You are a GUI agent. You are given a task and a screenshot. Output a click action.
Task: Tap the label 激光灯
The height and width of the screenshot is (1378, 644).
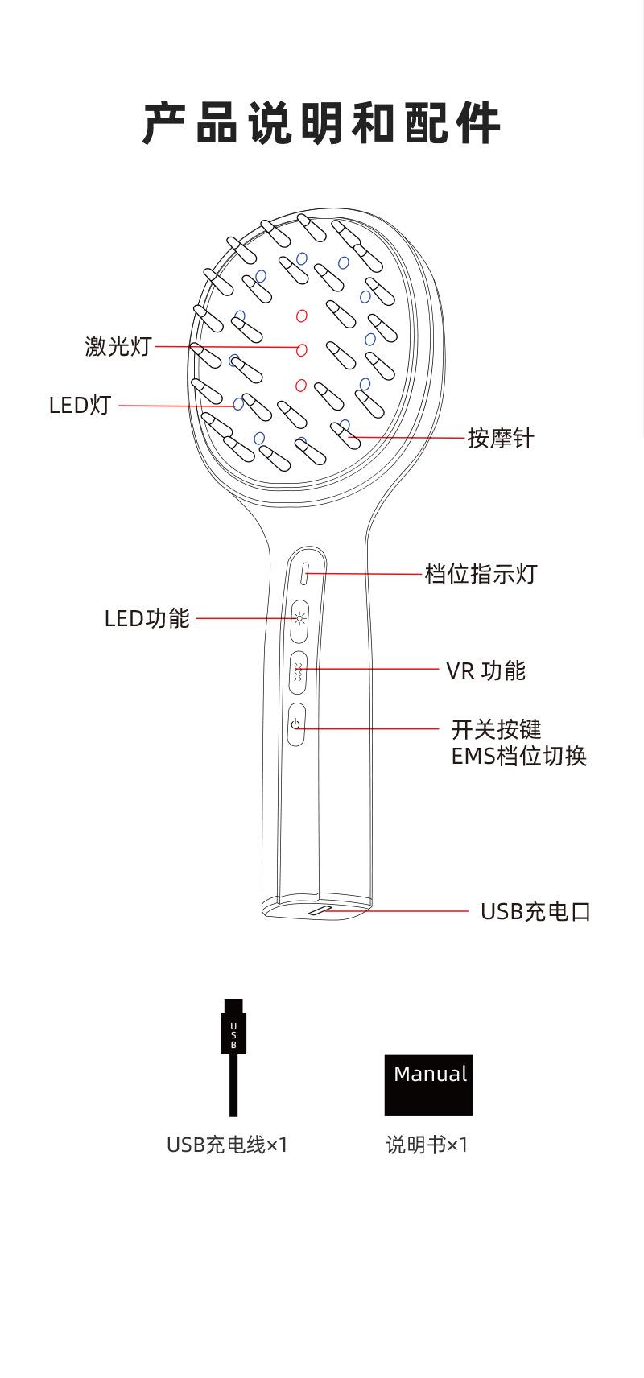(118, 346)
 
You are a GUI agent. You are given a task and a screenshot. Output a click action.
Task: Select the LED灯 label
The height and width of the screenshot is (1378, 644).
(80, 405)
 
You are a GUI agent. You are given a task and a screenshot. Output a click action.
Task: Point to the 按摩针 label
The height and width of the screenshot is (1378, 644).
(501, 439)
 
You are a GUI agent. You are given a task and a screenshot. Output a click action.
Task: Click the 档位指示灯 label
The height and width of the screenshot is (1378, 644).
(480, 574)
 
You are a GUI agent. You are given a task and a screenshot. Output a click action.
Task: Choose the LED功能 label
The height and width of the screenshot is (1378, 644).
(147, 618)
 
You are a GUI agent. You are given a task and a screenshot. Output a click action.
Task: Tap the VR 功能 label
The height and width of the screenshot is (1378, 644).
(485, 670)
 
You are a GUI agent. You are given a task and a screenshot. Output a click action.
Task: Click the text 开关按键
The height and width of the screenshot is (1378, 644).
(496, 729)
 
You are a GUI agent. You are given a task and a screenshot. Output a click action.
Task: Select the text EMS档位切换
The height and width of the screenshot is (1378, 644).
(518, 757)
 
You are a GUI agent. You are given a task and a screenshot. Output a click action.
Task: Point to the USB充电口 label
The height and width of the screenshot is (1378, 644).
(535, 911)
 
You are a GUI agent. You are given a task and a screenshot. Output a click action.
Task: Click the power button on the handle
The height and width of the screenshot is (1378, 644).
(295, 724)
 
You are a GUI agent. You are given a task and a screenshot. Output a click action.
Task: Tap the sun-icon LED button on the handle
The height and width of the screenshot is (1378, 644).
(299, 619)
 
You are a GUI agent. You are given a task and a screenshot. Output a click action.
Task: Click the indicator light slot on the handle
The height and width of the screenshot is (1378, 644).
(305, 574)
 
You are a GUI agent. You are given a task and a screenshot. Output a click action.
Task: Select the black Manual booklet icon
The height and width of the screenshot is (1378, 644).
(428, 1084)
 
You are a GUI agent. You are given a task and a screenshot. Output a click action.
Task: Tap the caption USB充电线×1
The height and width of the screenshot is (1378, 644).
(227, 1145)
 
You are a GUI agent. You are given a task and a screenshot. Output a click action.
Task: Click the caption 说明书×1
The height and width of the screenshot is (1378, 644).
(427, 1145)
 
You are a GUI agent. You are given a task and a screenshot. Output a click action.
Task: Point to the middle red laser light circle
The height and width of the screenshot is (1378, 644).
(302, 349)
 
